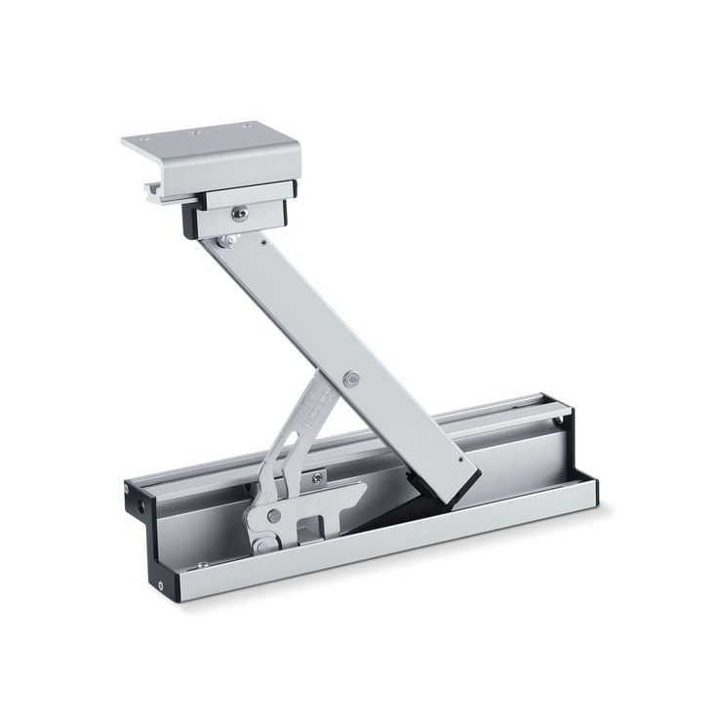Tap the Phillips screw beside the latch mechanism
[316, 477]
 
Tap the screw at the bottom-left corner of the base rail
[158, 586]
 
